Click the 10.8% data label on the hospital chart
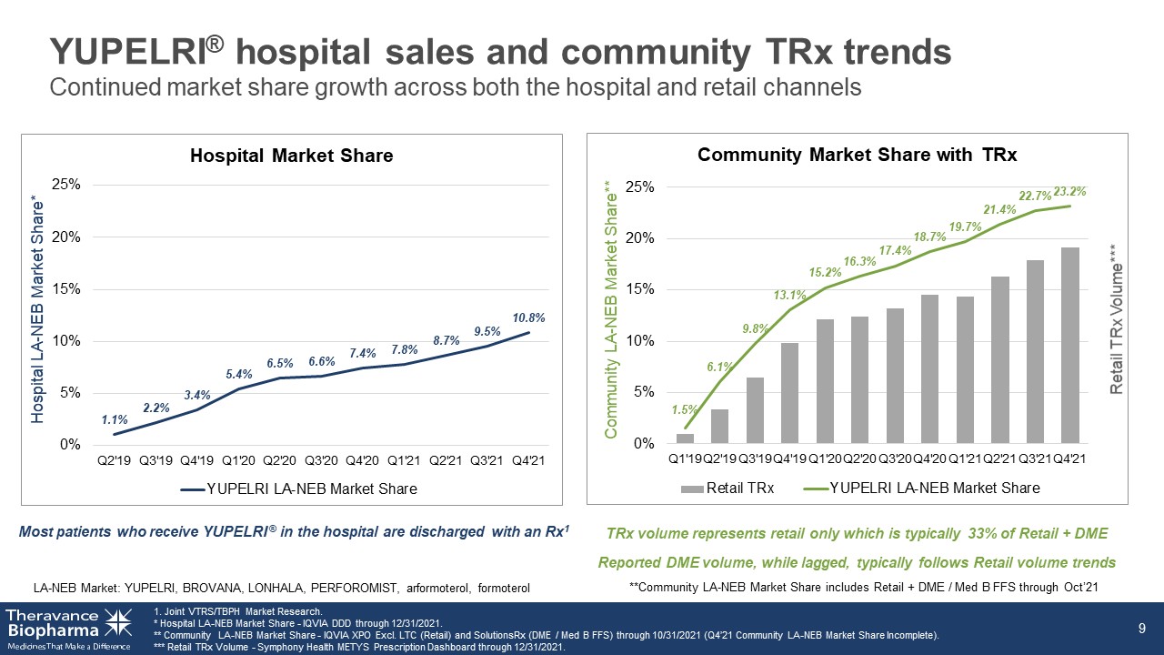[x=528, y=317]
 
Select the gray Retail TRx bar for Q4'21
[x=1070, y=345]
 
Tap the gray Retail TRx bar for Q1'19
[x=685, y=438]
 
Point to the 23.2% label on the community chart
[x=1070, y=191]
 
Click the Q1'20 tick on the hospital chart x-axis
[x=238, y=460]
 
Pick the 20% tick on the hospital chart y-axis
[x=66, y=237]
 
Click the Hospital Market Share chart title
[x=292, y=156]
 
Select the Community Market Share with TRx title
[x=857, y=155]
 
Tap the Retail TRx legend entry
[x=727, y=489]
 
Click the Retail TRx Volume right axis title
[x=1116, y=318]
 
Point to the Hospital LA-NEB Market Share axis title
[x=37, y=309]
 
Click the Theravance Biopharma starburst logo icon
[x=118, y=622]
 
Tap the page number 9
[x=1141, y=629]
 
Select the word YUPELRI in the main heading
[x=130, y=52]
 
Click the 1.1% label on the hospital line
[x=115, y=419]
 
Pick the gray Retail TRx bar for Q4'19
[x=790, y=393]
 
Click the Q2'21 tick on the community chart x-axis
[x=1000, y=459]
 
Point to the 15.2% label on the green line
[x=825, y=272]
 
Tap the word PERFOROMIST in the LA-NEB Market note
[x=354, y=588]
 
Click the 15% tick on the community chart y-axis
[x=639, y=289]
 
